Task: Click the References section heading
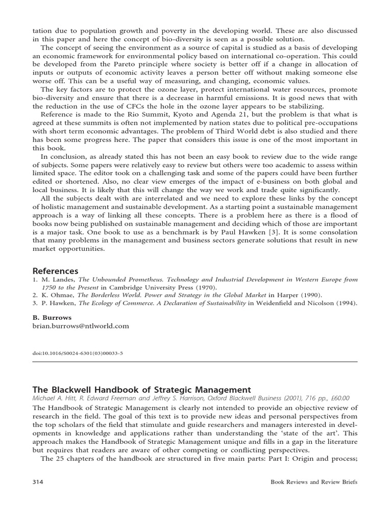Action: (x=56, y=271)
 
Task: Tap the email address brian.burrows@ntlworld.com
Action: (x=81, y=325)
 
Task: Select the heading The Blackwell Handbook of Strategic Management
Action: (x=134, y=390)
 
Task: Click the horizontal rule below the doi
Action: (x=195, y=361)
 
